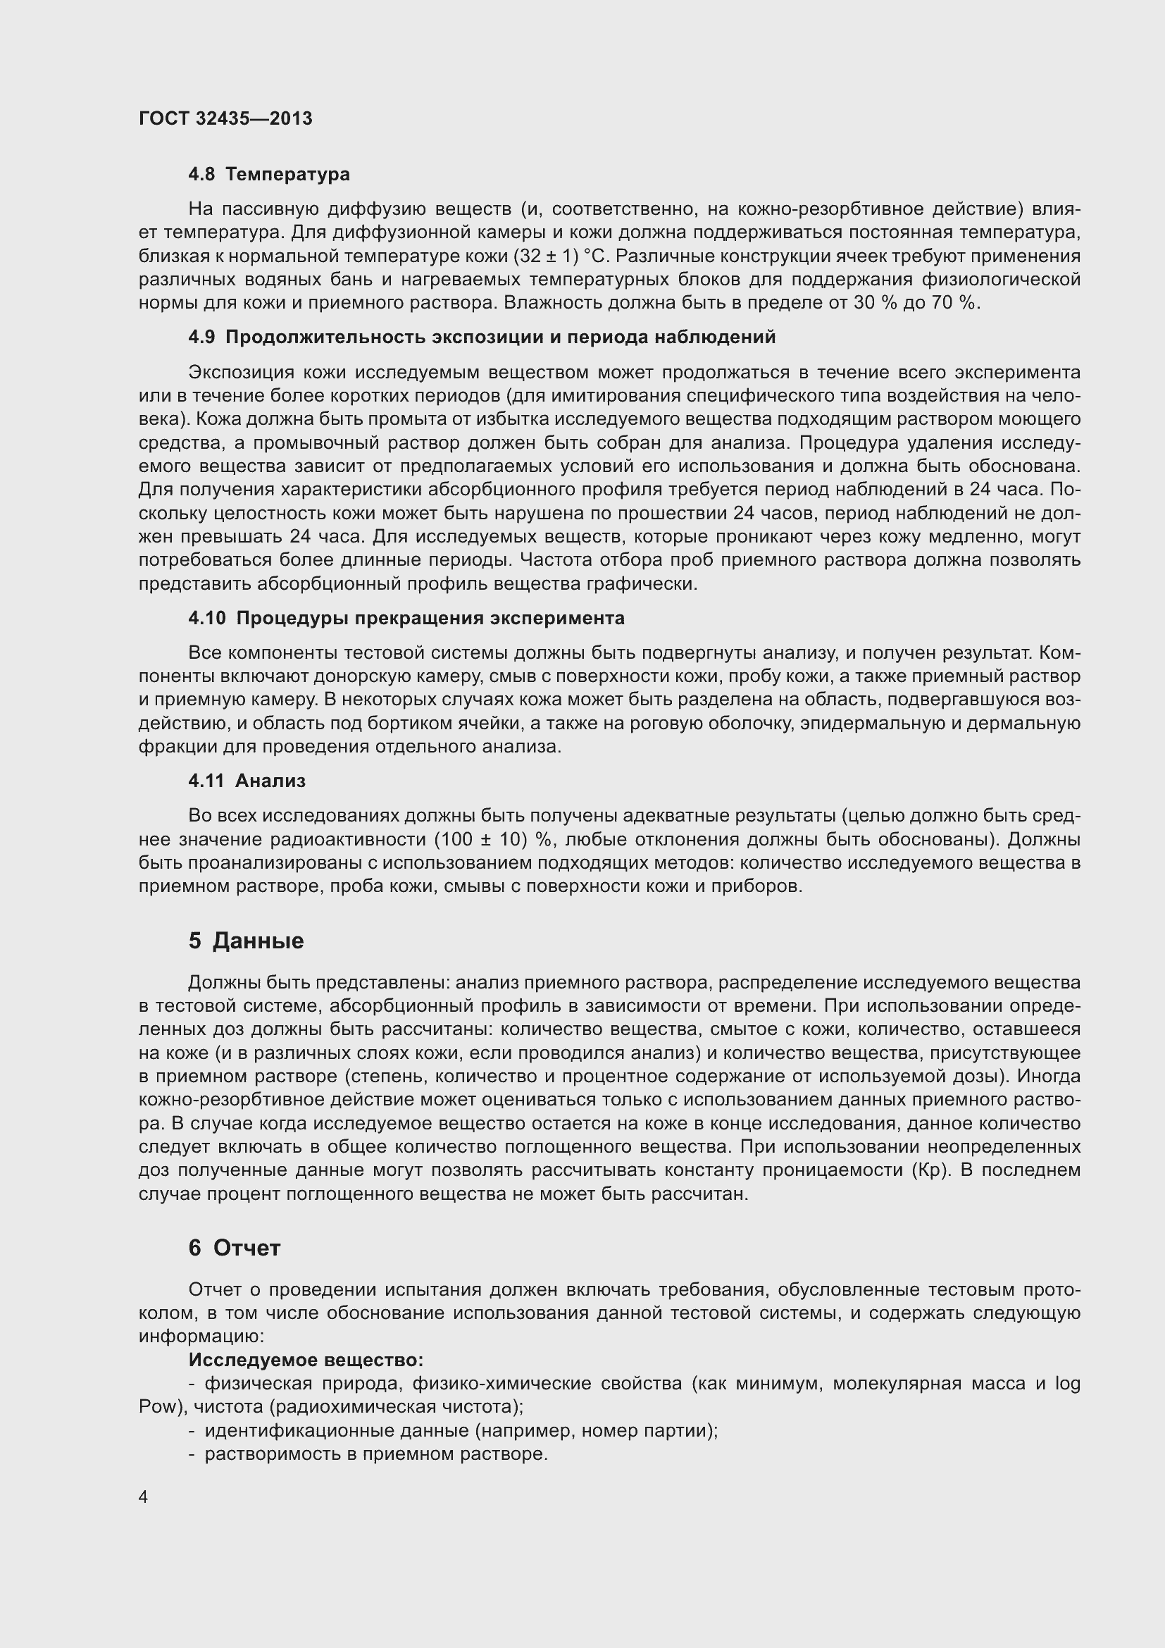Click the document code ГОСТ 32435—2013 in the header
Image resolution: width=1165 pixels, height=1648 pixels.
point(225,118)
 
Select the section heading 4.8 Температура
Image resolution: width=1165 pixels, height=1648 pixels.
point(269,175)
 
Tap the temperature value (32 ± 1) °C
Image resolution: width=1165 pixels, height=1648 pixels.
point(566,256)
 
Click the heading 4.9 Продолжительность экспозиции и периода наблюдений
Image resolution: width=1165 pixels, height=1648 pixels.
point(482,337)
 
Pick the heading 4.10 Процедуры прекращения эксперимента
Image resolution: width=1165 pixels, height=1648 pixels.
point(406,618)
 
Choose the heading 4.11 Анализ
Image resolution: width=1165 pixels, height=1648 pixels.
point(247,781)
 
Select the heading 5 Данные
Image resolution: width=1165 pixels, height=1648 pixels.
point(246,941)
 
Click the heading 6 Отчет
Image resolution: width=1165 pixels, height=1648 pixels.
point(234,1249)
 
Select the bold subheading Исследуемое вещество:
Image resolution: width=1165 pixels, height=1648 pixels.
point(306,1360)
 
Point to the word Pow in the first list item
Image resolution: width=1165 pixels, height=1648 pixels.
point(158,1407)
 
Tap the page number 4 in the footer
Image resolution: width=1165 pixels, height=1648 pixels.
point(144,1497)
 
